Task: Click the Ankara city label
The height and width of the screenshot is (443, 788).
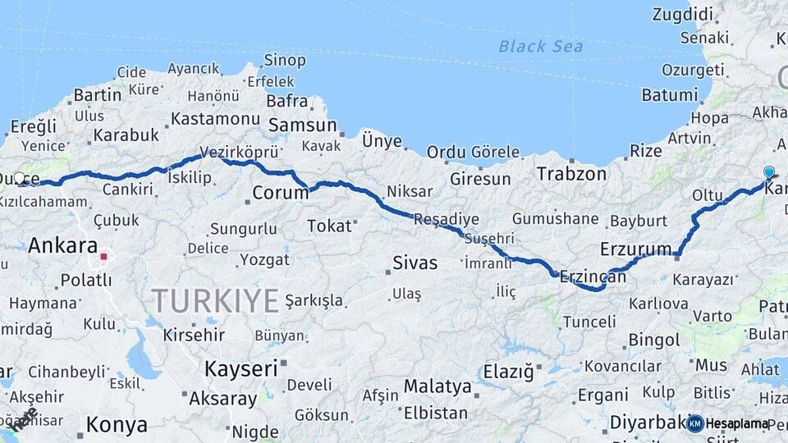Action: click(x=62, y=244)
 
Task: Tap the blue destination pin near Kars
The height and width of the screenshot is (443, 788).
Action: click(x=768, y=173)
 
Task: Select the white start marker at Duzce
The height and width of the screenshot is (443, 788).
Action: click(x=19, y=177)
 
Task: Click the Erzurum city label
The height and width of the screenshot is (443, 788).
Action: click(x=636, y=248)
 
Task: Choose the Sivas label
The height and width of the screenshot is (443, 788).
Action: click(x=415, y=263)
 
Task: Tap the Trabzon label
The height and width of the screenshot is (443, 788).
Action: click(x=571, y=174)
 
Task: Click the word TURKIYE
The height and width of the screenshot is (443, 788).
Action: click(x=215, y=301)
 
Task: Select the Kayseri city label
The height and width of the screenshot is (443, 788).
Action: click(x=241, y=368)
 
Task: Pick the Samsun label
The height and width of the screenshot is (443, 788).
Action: click(x=303, y=126)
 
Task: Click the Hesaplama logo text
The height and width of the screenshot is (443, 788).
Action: click(x=737, y=423)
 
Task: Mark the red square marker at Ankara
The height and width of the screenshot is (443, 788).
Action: click(x=103, y=257)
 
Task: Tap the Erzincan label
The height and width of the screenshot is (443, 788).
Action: click(x=592, y=277)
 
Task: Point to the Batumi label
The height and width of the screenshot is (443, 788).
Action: click(x=669, y=94)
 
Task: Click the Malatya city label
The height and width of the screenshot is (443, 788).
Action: click(x=438, y=386)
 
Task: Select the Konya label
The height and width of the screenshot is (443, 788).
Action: click(x=117, y=425)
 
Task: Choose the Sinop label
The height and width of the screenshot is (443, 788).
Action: click(x=285, y=60)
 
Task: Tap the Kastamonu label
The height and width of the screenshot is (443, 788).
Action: click(x=215, y=119)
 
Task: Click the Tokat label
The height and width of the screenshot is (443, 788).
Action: click(x=328, y=226)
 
